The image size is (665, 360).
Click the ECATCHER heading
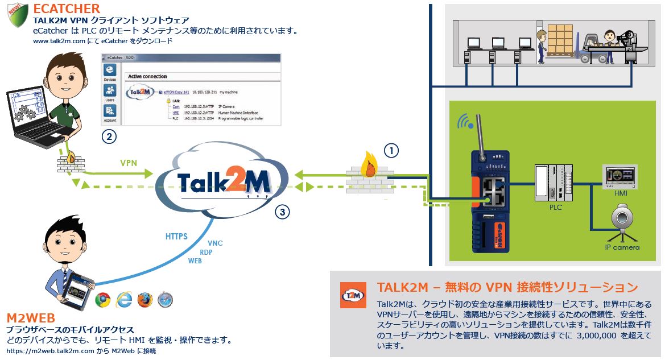67,9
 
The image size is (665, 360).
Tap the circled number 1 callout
391,151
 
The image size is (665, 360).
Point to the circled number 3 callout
283,213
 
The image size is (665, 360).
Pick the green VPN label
129,162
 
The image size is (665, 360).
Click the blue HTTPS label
176,236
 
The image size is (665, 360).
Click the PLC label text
555,207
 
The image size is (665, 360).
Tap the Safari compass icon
165,299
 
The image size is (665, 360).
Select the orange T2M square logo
352,296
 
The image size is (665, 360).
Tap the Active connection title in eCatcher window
147,76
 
